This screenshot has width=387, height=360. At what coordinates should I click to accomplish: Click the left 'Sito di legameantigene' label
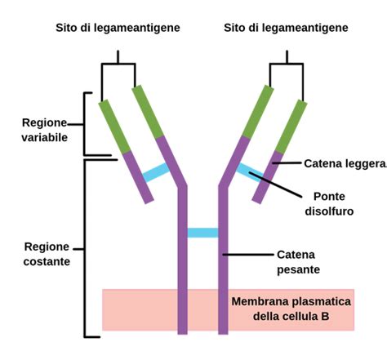(118, 28)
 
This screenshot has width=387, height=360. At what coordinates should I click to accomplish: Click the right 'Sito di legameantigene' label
(286, 28)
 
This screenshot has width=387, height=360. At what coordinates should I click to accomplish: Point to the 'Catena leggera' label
(344, 164)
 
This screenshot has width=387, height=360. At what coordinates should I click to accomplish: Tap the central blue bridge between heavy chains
(202, 233)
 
